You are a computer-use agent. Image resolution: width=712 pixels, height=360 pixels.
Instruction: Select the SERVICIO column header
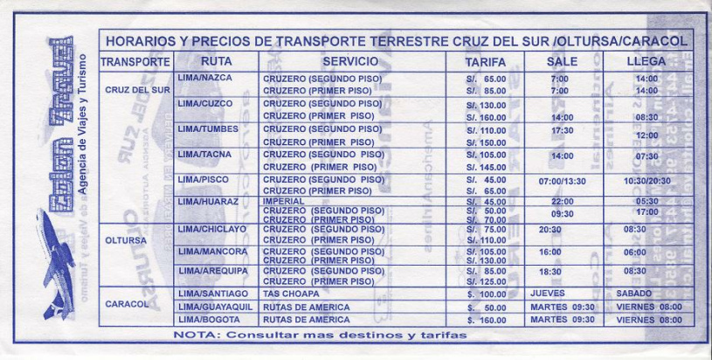coord(350,62)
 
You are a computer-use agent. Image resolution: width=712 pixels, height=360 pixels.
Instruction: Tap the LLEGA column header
coord(646,62)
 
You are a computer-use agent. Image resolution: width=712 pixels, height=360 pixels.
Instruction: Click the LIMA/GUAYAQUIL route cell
coord(214,308)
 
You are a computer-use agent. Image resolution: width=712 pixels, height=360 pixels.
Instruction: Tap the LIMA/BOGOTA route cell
coord(208,321)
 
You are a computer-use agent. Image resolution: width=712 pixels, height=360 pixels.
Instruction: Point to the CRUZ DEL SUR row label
coord(137,90)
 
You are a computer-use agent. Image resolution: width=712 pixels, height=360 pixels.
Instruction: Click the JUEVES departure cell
coord(548,294)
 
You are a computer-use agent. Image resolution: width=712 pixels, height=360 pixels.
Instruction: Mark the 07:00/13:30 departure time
coord(562,181)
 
